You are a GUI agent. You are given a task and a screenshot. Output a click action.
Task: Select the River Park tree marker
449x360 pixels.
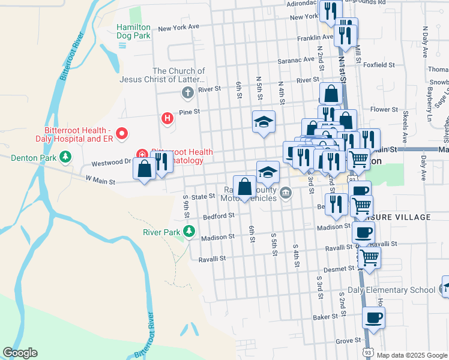pos(190,231)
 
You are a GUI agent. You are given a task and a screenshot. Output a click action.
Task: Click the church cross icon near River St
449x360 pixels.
pos(187,93)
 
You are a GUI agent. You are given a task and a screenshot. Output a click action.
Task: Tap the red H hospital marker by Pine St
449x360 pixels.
pos(167,119)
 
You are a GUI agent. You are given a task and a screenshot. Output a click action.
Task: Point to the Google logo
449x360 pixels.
pos(20,353)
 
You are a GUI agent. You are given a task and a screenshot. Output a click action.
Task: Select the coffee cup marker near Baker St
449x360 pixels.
pos(374,317)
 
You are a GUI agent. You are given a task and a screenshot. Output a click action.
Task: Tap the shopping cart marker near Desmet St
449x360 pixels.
pos(369,257)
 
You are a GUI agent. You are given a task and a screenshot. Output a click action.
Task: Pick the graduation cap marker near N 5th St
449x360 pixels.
pos(264,122)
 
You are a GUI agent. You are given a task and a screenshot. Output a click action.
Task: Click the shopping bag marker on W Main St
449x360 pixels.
pos(144,169)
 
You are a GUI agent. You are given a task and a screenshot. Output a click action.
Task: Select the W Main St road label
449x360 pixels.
pos(100,179)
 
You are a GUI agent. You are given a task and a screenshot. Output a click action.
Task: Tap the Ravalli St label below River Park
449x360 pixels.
pos(212,259)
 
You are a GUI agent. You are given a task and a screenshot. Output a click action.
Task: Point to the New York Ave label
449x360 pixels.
pos(178,28)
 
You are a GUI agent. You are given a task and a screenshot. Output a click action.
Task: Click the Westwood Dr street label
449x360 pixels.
pos(110,163)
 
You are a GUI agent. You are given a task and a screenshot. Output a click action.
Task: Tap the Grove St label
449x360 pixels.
pos(348,341)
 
